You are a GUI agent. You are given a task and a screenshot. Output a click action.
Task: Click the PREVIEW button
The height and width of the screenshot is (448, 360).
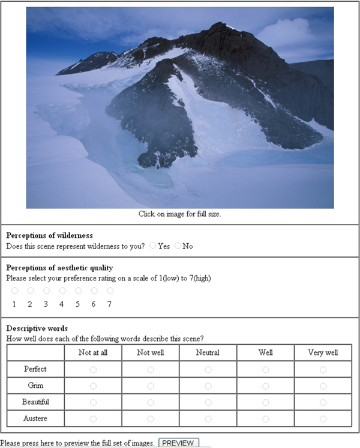178,443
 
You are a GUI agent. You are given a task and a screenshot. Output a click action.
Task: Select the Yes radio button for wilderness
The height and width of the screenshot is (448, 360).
153,246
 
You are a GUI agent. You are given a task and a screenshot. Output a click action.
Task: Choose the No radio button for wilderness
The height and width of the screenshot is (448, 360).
178,246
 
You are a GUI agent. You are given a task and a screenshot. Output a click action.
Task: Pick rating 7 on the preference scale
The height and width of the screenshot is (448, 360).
110,291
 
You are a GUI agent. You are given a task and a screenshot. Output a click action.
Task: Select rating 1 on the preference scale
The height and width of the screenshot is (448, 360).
14,291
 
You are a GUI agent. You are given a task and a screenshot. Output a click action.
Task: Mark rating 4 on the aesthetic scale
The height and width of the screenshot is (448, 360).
62,291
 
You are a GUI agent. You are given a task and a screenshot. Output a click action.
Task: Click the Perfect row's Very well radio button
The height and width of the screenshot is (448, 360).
323,369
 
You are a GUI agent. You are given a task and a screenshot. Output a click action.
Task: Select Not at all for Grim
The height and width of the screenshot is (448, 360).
93,386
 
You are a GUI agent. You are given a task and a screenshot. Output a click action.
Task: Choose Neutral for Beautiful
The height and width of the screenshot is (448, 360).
208,402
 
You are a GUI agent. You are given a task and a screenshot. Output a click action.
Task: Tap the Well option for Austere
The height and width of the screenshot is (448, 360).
265,419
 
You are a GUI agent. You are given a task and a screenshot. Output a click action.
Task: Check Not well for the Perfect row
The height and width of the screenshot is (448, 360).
150,369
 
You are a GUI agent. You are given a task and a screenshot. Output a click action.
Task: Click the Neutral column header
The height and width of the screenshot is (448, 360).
208,353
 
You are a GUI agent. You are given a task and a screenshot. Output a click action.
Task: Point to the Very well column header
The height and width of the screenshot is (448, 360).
323,353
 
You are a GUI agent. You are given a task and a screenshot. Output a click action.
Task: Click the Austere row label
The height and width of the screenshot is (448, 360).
35,419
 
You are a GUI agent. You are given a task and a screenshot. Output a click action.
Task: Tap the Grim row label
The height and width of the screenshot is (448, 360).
35,386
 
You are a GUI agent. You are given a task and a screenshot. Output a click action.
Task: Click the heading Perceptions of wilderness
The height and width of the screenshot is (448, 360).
49,235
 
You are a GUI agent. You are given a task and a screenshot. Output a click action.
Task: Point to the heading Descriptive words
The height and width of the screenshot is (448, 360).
37,328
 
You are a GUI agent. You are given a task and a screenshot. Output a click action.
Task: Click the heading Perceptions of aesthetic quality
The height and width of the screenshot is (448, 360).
60,268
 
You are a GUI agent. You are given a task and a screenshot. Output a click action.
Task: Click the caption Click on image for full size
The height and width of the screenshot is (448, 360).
180,214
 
